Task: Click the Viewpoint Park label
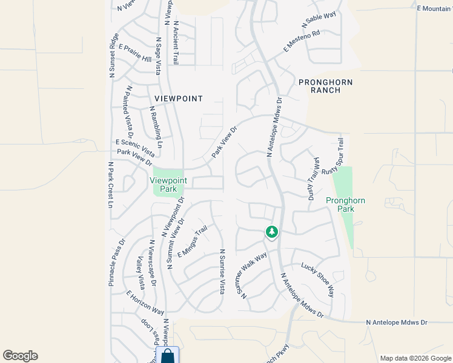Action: pos(168,185)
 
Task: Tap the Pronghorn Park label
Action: pos(340,204)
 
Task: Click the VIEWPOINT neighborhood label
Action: pos(178,98)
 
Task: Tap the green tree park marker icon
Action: pos(272,232)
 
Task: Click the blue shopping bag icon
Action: pos(168,356)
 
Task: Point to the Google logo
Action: pos(20,356)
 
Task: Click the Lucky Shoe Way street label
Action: pos(317,279)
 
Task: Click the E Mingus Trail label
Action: pos(193,241)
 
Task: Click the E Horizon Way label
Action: pos(145,303)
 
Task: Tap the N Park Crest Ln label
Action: pos(111,185)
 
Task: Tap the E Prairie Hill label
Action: pos(135,53)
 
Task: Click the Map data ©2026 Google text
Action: pos(415,358)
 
